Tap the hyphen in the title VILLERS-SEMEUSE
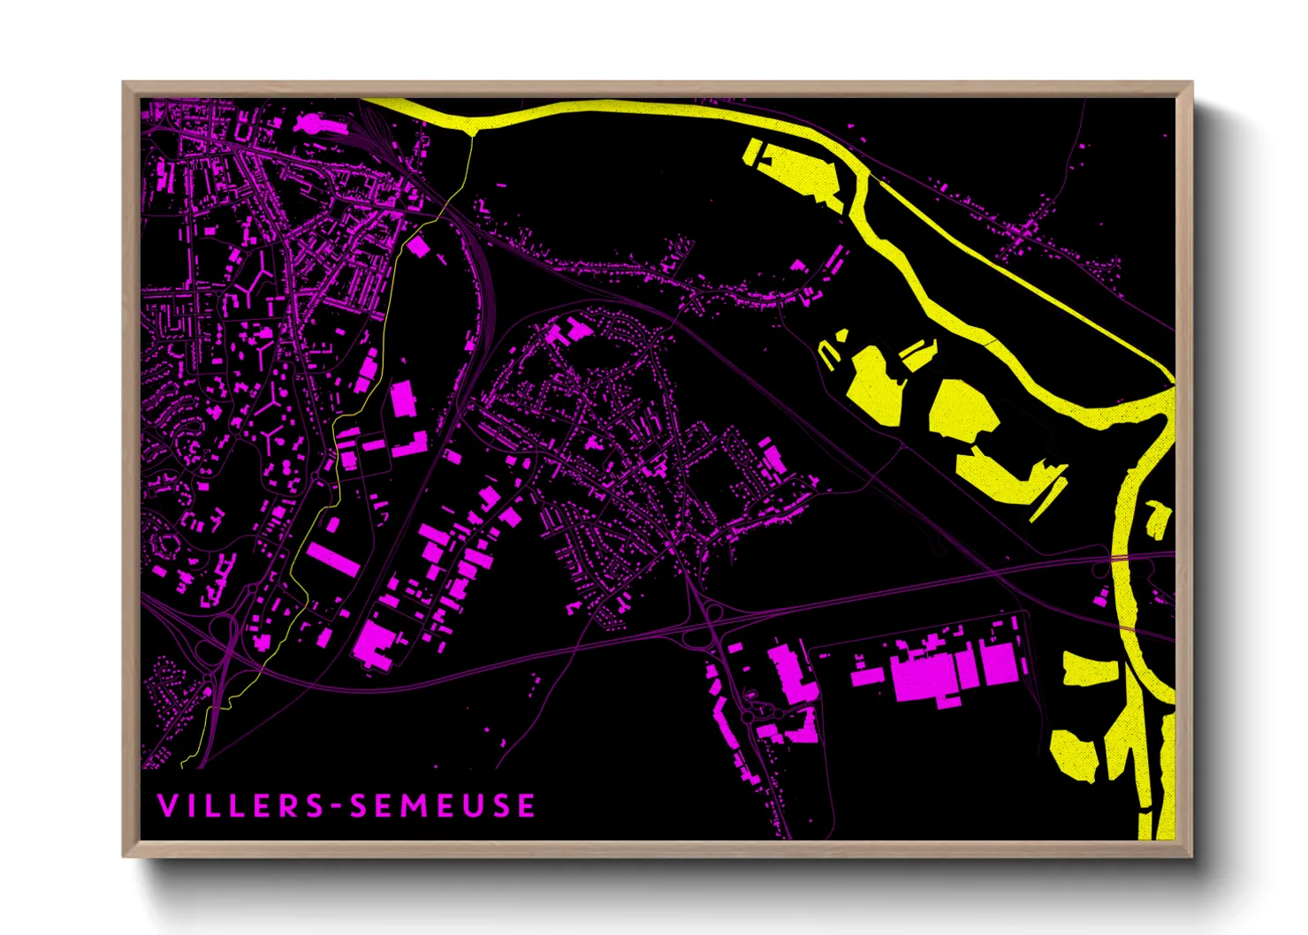pos(336,807)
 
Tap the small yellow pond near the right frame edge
pos(1158,519)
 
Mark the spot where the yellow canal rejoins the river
pos(1170,384)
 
